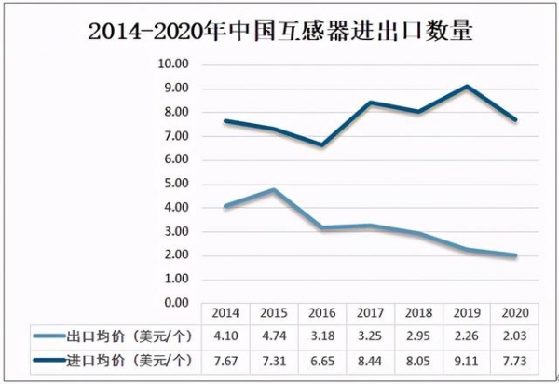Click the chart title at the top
point(279,34)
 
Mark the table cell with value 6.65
point(322,359)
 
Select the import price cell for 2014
point(225,359)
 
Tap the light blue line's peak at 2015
point(274,190)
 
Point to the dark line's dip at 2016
point(322,144)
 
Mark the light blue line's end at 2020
point(515,255)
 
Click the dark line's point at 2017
point(371,103)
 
